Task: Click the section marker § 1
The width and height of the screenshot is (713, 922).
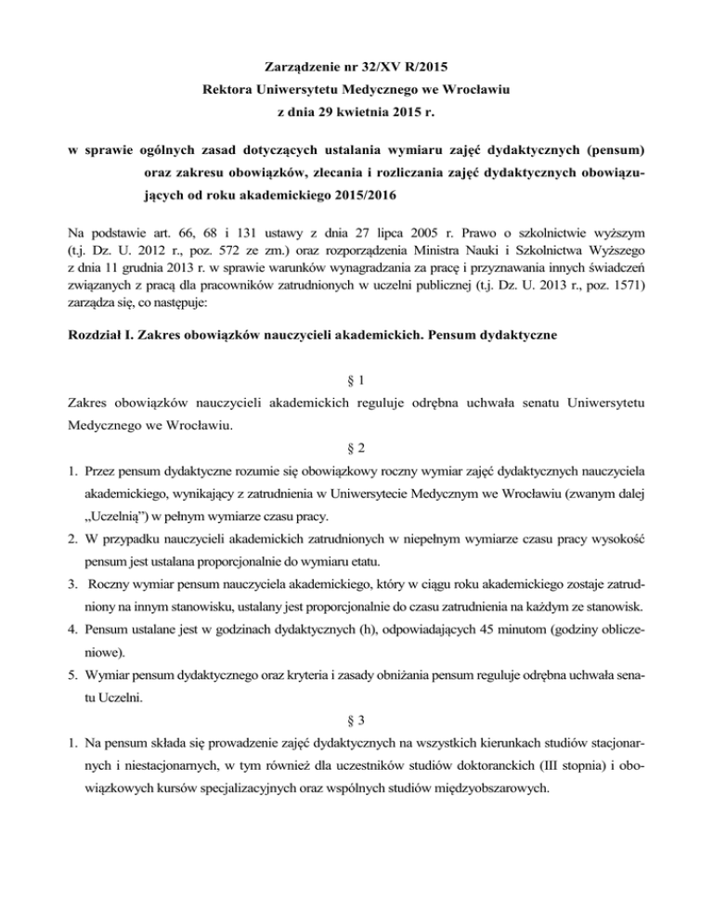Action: tap(356, 380)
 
